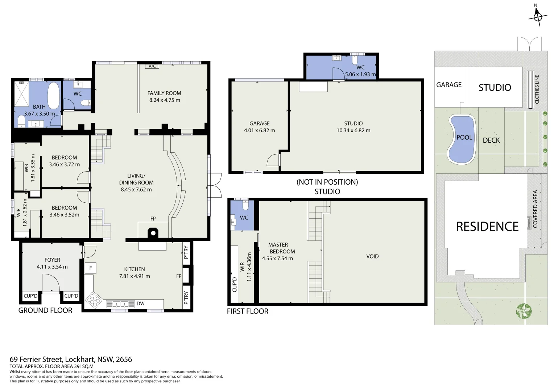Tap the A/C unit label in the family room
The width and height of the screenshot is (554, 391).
[152, 66]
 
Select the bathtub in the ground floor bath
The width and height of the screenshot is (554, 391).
[54, 95]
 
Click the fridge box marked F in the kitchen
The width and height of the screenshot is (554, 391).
[91, 268]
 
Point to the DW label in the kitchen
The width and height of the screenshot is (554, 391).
[140, 303]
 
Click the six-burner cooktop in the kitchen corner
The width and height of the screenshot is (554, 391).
[94, 300]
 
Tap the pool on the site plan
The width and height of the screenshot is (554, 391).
[462, 140]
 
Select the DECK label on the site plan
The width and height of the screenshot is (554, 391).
[491, 140]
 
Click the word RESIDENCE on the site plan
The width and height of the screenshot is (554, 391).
[487, 227]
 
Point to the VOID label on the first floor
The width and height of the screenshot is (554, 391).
[372, 256]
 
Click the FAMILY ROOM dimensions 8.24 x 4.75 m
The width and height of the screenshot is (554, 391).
[165, 100]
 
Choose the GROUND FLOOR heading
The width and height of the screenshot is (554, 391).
[45, 310]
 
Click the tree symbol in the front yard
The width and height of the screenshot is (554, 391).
[524, 311]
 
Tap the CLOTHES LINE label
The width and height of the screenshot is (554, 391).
[537, 89]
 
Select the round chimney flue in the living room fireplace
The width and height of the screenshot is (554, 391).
[153, 233]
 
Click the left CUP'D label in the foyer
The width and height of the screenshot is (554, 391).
[30, 296]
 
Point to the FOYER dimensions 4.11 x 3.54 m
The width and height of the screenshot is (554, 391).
[52, 267]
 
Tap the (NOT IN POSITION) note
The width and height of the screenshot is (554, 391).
[327, 182]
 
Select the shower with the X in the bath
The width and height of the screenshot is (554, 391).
[21, 94]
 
